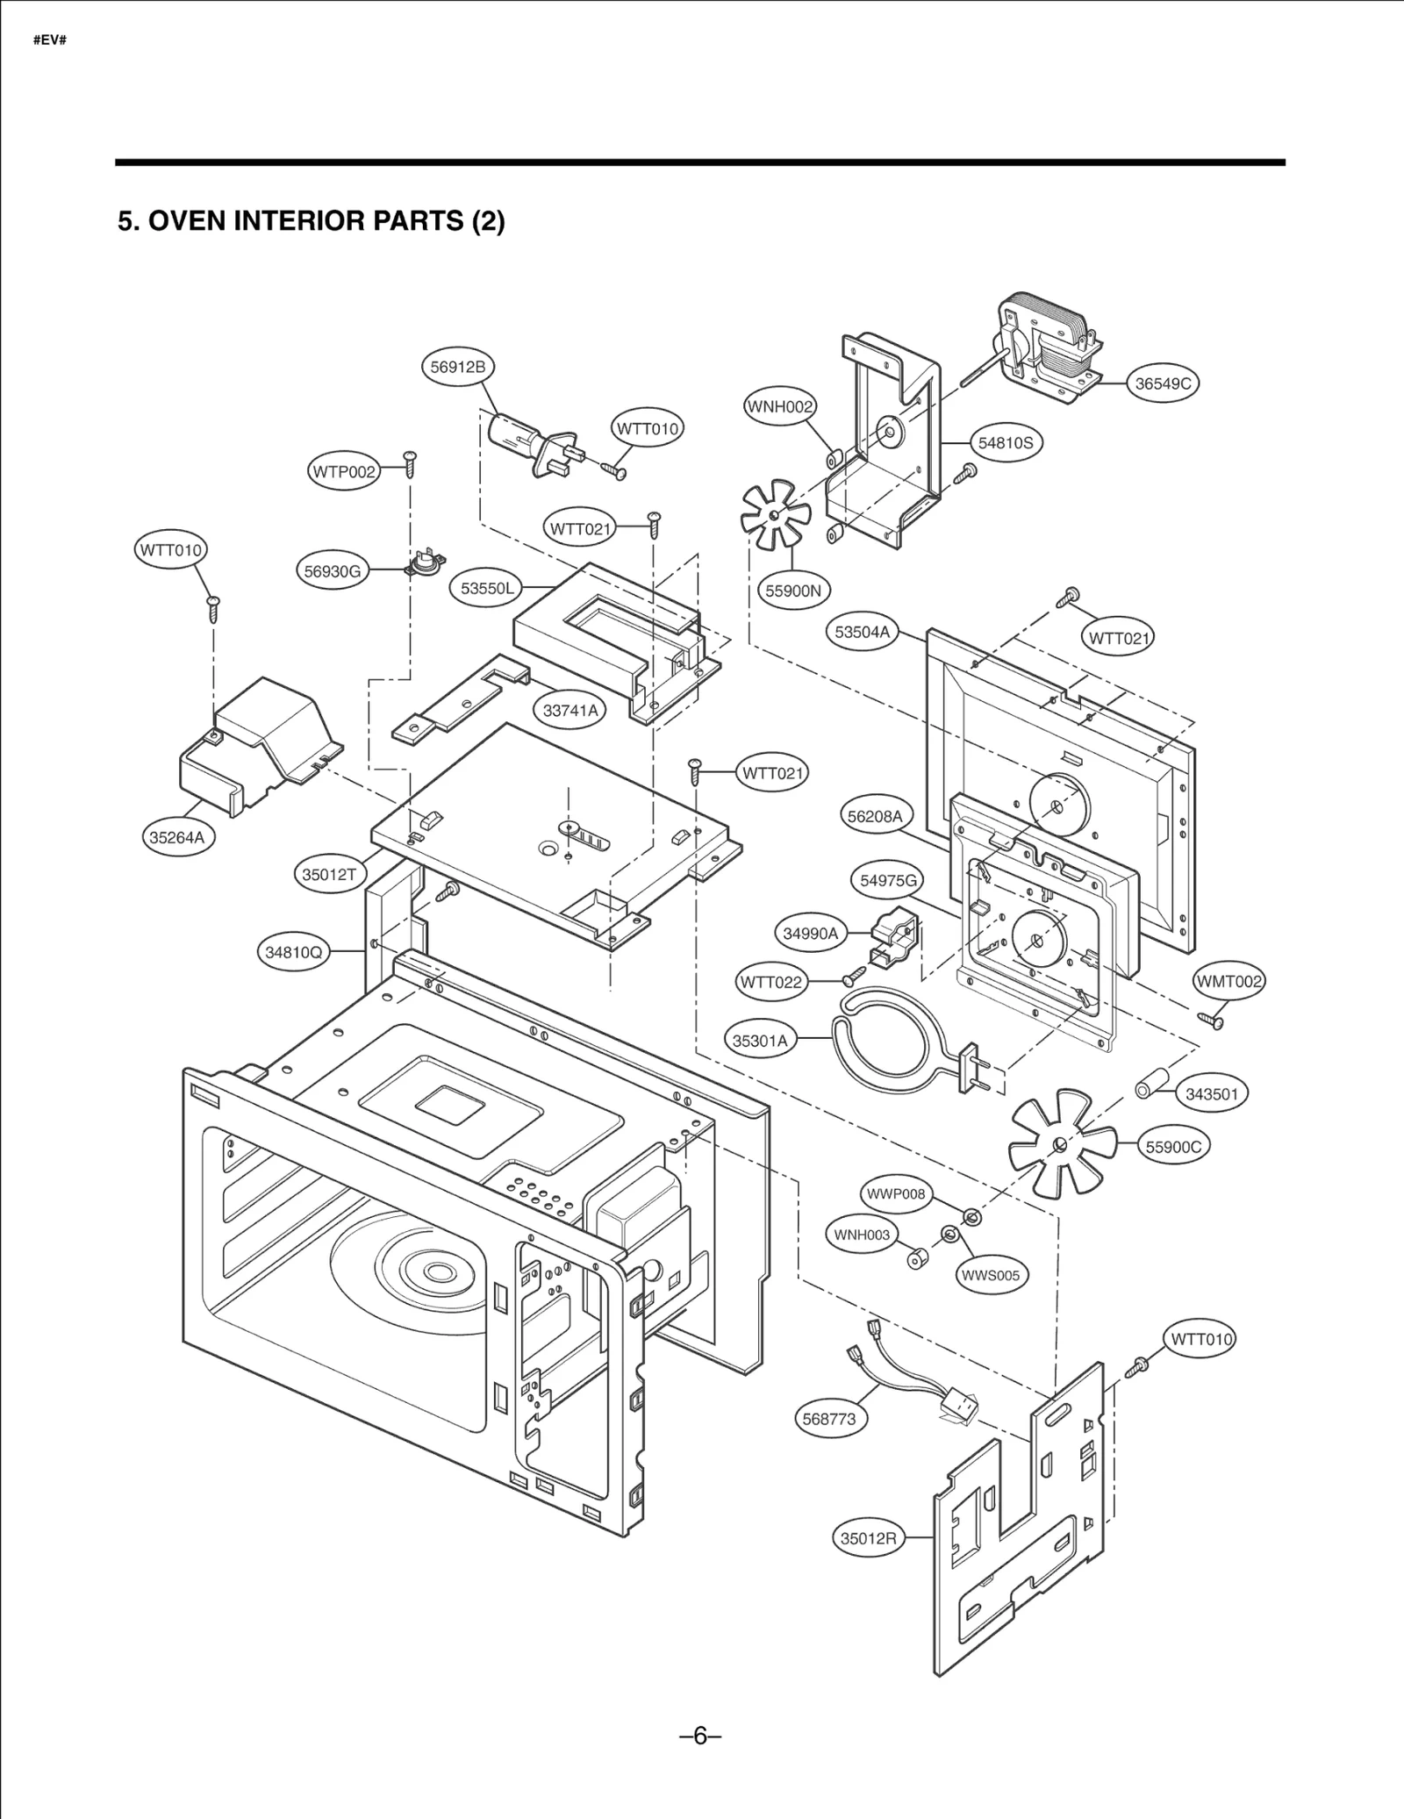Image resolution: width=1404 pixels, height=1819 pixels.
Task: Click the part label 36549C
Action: click(1163, 383)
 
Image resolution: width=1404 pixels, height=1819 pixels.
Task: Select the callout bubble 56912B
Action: click(457, 367)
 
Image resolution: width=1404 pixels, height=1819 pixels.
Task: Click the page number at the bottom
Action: click(700, 1737)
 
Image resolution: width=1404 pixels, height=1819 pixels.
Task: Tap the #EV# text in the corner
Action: click(50, 41)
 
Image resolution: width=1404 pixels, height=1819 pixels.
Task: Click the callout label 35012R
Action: click(868, 1538)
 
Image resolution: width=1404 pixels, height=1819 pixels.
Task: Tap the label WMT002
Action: click(1229, 982)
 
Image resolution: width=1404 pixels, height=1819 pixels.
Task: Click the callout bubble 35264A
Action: click(176, 837)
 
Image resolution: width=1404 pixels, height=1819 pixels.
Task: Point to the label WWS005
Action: click(990, 1275)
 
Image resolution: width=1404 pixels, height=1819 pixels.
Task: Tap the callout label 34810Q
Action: click(294, 951)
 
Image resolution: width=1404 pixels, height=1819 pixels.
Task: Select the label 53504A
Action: click(862, 632)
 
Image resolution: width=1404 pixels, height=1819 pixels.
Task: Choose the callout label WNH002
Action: click(779, 406)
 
